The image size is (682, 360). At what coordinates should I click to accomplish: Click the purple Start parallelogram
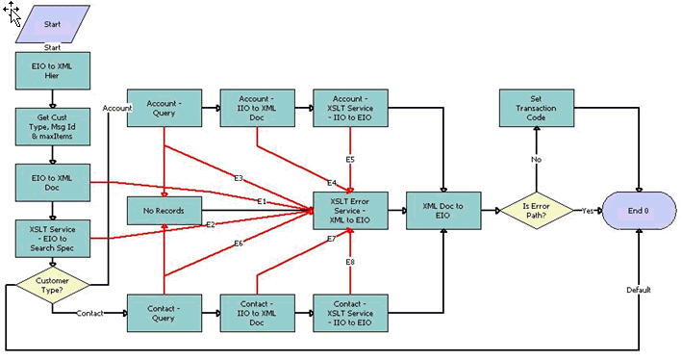[x=52, y=24]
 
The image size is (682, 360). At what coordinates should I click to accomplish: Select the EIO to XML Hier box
[x=52, y=70]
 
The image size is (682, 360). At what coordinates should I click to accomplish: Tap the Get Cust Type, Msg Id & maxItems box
[x=52, y=126]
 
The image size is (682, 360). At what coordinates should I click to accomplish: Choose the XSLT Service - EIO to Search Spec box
[x=52, y=238]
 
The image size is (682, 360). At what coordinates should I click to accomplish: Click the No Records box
[x=164, y=209]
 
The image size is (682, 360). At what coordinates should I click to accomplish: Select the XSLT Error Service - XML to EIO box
[x=350, y=209]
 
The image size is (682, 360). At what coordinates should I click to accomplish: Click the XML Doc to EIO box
[x=443, y=209]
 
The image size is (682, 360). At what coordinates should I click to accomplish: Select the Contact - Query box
[x=164, y=313]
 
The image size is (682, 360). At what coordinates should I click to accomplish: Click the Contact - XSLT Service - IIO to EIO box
[x=350, y=313]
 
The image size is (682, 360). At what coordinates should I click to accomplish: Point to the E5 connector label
[x=351, y=160]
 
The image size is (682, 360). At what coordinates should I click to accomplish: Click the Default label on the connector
[x=639, y=290]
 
